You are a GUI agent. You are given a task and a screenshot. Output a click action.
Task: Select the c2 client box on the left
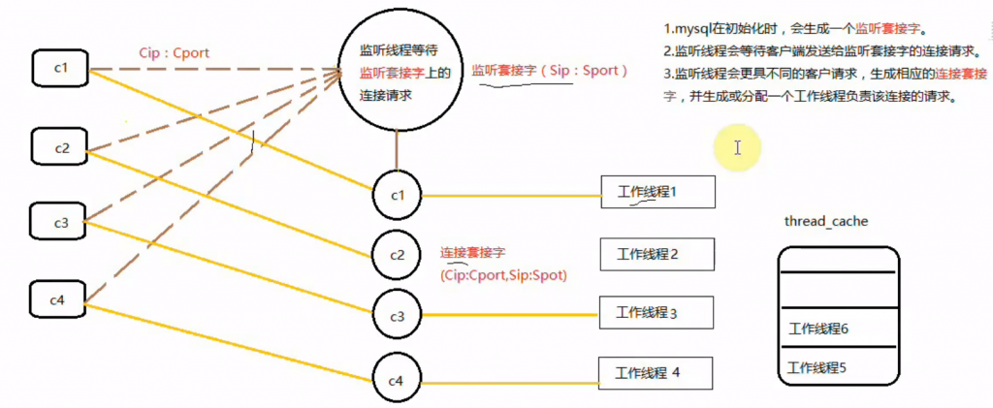60,148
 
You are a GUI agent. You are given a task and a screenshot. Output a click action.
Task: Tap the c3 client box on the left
60,222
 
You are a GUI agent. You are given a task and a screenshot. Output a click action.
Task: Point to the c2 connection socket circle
397,255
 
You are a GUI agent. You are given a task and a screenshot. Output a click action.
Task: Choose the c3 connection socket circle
397,316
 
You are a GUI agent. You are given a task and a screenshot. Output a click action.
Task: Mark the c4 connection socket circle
397,381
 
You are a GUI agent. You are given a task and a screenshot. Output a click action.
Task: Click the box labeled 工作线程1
657,192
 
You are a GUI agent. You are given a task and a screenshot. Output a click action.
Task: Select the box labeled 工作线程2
657,254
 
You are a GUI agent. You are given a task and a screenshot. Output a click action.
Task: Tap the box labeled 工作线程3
657,312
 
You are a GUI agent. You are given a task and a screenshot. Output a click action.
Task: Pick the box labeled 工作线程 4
655,372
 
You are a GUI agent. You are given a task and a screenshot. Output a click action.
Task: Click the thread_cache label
825,222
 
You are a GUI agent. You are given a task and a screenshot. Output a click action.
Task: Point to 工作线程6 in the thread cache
819,330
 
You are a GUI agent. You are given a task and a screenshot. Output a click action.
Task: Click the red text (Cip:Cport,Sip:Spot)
503,275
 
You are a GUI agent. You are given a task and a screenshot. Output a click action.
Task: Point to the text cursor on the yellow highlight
738,148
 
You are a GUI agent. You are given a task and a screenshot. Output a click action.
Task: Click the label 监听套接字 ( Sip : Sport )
550,71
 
